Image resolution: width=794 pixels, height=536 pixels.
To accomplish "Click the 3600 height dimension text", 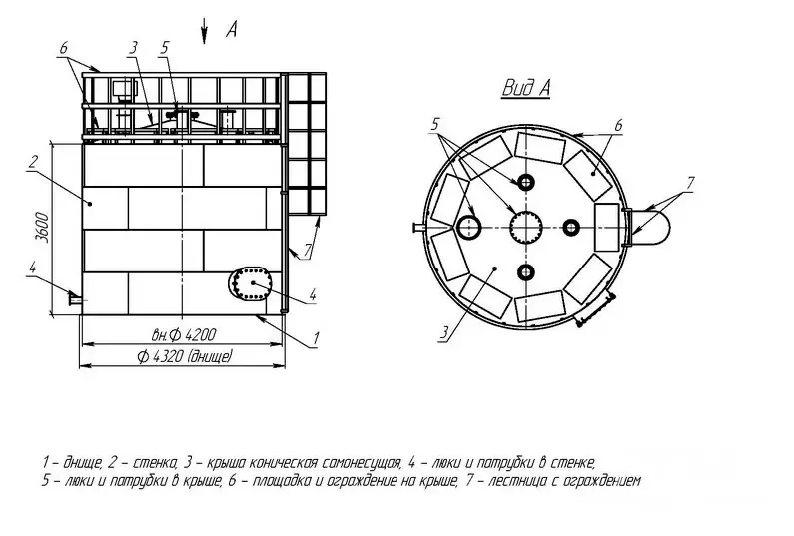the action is click(44, 228).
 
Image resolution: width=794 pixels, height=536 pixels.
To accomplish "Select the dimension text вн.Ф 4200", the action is click(184, 335).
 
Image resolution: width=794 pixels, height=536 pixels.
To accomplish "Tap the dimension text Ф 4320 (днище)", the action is click(185, 357).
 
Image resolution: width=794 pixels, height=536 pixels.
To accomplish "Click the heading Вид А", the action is click(525, 88).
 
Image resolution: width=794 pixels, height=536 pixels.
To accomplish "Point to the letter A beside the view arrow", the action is click(231, 30).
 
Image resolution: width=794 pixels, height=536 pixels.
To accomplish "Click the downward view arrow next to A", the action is click(204, 31).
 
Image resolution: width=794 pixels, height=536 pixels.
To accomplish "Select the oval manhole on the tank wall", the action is click(250, 283).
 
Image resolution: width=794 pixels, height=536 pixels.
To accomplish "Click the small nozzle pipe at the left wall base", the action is click(76, 300).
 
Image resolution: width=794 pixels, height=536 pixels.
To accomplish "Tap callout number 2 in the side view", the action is click(32, 163).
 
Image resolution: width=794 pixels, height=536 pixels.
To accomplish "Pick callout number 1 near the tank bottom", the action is click(315, 338).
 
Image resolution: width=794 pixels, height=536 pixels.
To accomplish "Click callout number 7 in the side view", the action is click(307, 250).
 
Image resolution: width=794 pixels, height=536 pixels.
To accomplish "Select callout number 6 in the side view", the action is click(63, 49).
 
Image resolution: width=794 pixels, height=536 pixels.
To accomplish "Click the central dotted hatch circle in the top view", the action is click(526, 227).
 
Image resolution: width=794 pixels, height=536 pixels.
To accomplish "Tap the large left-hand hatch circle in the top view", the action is click(470, 227).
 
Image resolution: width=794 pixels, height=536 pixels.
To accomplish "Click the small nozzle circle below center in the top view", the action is click(526, 272).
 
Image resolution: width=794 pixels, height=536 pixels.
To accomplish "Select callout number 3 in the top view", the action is click(444, 333).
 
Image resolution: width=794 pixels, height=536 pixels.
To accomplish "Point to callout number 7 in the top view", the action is click(689, 183).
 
